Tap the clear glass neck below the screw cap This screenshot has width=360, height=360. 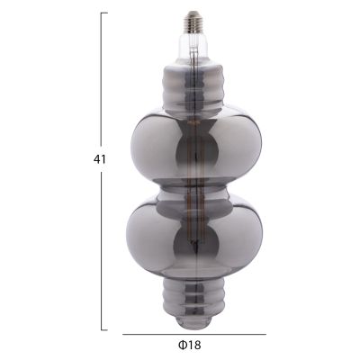coord(192,44)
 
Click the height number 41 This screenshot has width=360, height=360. coord(100,158)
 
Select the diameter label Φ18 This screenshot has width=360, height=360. coord(188,346)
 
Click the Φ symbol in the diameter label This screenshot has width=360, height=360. coord(182,346)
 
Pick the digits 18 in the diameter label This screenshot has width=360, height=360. coord(193,346)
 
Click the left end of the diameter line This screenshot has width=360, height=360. coord(122,335)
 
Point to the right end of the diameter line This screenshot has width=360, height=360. coord(265,335)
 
